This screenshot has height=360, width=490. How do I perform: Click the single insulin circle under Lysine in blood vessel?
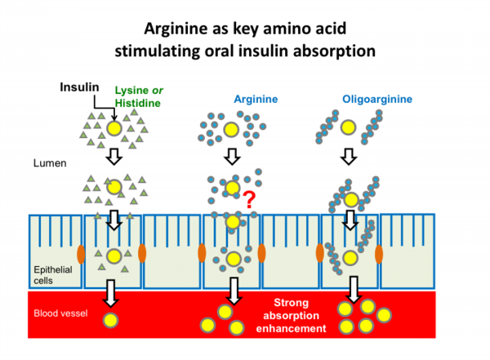[x=109, y=318]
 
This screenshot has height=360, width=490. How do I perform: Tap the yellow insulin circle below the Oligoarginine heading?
[x=349, y=127]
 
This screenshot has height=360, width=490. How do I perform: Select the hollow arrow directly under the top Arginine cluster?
[x=233, y=155]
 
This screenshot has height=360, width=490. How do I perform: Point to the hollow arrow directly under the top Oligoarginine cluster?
[x=349, y=155]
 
